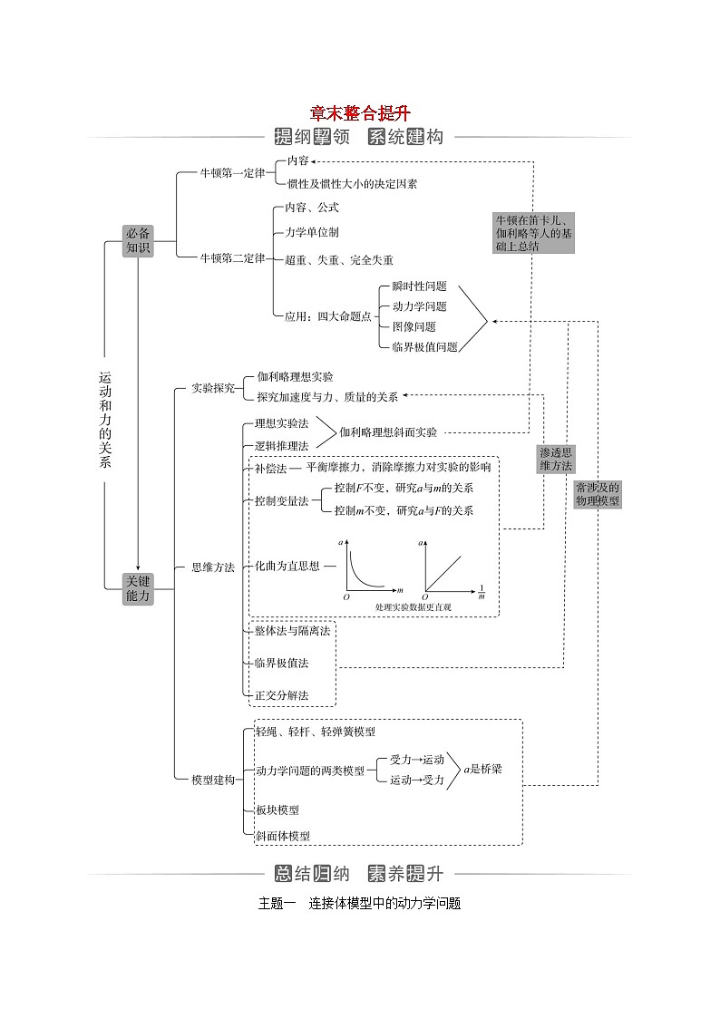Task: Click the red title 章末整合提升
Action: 359,113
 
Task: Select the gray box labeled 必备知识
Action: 138,240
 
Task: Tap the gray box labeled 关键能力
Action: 138,588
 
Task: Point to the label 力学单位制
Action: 312,232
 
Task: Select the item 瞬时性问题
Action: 419,286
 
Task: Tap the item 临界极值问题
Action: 424,346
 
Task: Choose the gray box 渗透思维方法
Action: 556,459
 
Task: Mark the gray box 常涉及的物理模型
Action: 597,494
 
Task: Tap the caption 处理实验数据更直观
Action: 413,606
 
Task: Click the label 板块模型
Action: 277,810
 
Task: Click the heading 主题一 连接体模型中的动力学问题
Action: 359,903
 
